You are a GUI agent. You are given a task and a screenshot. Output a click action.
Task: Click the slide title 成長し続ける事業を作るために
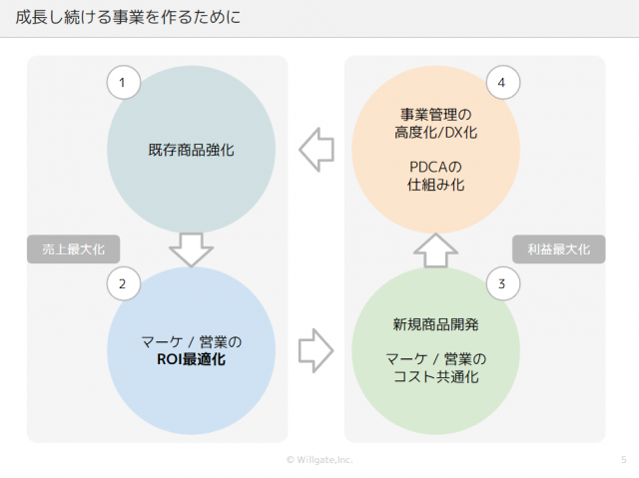tap(128, 18)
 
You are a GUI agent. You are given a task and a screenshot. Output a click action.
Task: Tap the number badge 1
tap(124, 82)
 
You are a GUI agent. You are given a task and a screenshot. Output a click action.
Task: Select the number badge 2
tap(124, 283)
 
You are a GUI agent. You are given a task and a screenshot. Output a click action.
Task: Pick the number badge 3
tap(503, 283)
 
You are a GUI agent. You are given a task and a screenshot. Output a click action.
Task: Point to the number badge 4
tap(503, 82)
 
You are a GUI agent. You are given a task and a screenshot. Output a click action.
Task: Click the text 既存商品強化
tap(191, 150)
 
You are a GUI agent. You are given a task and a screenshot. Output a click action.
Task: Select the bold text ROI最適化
tap(191, 359)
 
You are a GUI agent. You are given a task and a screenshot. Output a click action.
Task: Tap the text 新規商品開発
tap(435, 324)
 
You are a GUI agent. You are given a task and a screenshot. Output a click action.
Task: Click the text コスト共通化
tap(436, 376)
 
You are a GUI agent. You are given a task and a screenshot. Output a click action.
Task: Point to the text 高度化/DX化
tap(435, 133)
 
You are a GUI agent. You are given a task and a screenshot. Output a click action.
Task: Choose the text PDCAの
tap(435, 167)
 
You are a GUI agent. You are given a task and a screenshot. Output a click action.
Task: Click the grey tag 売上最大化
tap(73, 249)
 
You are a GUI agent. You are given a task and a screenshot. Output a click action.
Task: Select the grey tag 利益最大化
tap(559, 249)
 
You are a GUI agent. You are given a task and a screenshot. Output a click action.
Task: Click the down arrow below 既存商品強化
tap(191, 250)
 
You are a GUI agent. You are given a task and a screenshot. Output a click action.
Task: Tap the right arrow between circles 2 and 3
tap(317, 350)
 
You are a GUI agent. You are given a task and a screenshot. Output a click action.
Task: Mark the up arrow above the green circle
tap(435, 250)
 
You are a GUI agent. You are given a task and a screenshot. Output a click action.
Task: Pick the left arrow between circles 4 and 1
tap(317, 150)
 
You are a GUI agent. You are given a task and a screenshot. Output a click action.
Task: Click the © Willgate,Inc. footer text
tap(319, 460)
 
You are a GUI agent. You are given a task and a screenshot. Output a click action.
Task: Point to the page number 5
tap(623, 460)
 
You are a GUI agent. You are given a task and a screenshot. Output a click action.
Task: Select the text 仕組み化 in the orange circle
tap(435, 185)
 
